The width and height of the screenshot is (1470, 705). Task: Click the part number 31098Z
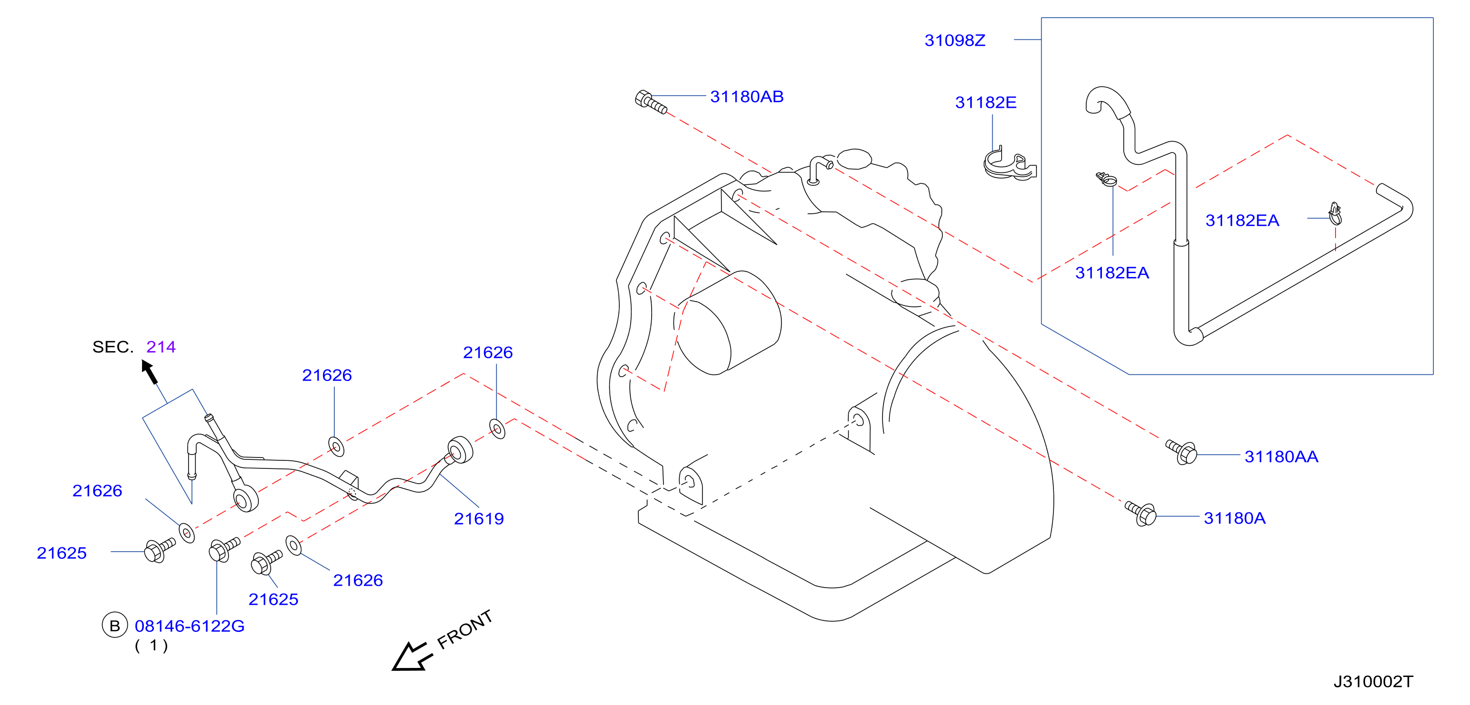pyautogui.click(x=955, y=40)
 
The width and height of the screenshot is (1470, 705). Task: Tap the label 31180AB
pyautogui.click(x=747, y=96)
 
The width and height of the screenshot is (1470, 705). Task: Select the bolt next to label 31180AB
pyautogui.click(x=651, y=102)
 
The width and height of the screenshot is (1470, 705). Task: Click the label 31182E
pyautogui.click(x=986, y=102)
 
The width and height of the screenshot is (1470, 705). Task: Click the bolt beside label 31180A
pyautogui.click(x=1141, y=513)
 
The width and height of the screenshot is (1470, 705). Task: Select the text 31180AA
pyautogui.click(x=1281, y=457)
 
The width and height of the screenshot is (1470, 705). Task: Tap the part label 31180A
pyautogui.click(x=1234, y=518)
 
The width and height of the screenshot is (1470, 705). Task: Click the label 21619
pyautogui.click(x=479, y=518)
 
